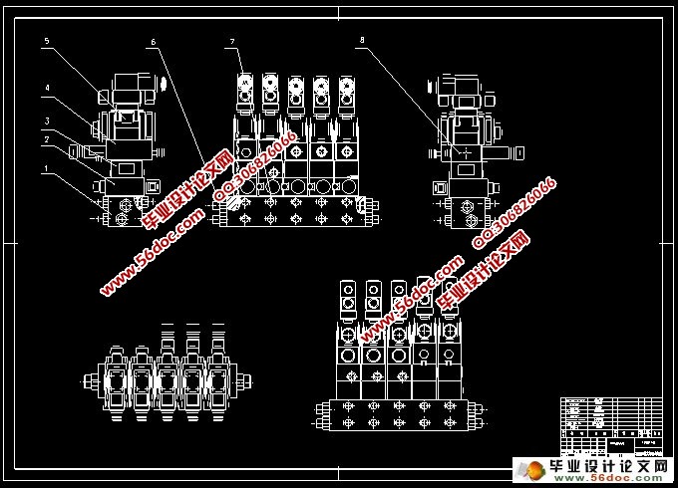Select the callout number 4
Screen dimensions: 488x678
46,88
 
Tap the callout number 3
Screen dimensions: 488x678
46,121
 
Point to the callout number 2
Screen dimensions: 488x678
46,140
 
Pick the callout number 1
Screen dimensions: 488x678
46,170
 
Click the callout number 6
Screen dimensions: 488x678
154,42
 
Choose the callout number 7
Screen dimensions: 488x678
231,41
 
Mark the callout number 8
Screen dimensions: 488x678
362,41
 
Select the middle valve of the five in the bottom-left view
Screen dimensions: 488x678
166,379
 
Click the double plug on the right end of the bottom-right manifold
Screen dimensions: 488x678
484,413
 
